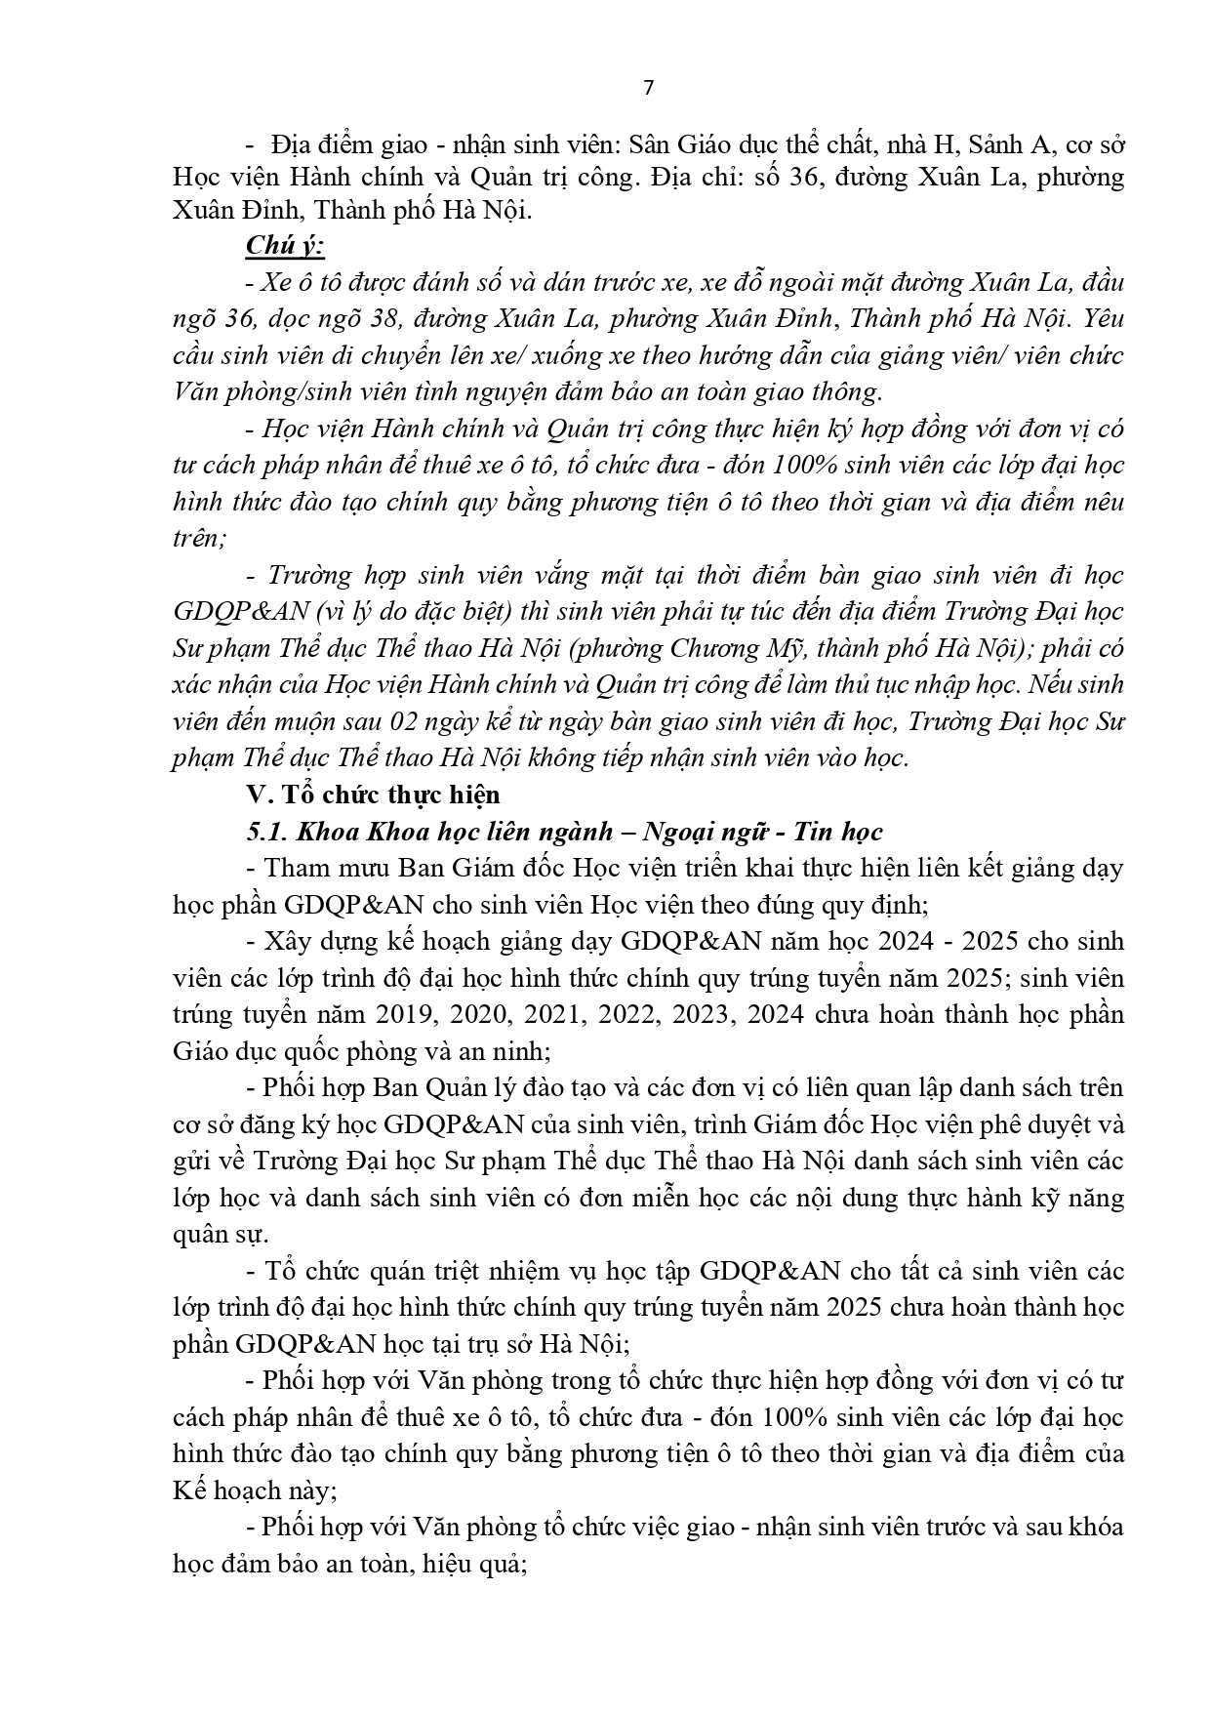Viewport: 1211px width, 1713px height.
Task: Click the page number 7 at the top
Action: (649, 88)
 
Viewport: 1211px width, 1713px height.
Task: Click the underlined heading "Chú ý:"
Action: (285, 245)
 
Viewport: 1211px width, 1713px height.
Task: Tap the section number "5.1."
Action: (266, 831)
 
